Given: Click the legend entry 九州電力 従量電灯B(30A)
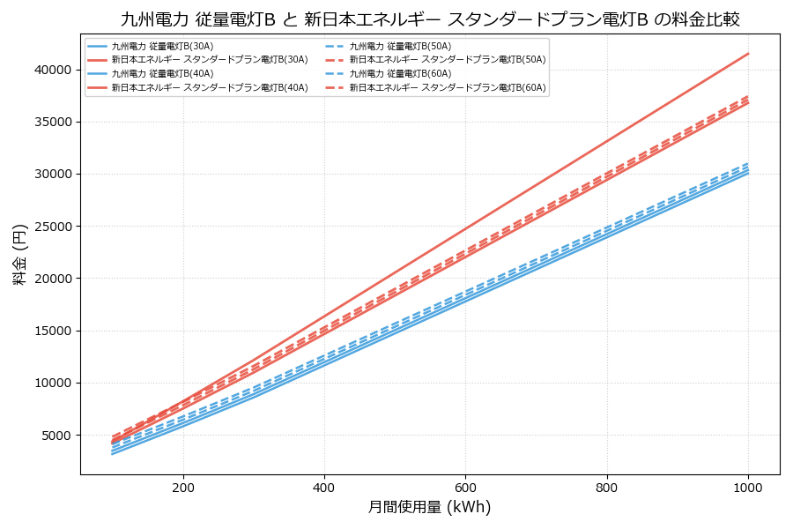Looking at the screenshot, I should coord(162,46).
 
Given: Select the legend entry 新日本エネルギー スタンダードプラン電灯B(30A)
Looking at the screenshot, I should coord(210,60).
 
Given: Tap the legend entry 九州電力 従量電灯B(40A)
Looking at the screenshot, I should coord(162,74).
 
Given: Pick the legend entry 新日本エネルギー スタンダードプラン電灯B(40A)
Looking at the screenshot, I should coord(210,88).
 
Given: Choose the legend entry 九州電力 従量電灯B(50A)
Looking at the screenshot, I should coord(400,46).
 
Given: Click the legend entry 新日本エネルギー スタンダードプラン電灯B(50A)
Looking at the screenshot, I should coord(448,60).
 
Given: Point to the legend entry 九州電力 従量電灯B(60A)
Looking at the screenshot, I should coord(400,74).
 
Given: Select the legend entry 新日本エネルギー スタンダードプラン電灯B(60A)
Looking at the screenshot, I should coord(448,88).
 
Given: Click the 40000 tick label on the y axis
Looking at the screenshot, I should coord(53,70).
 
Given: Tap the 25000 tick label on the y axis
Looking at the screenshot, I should coord(53,227).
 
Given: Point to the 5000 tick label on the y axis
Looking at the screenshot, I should coord(56,436).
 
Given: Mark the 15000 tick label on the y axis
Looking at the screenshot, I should coord(53,331).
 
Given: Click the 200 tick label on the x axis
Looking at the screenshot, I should coord(183,487).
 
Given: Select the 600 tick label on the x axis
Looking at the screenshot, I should coord(465,487).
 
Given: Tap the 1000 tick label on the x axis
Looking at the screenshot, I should coord(748,487).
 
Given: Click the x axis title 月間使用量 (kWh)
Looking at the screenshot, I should coord(429,508).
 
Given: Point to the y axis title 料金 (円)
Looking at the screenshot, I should coord(19,254).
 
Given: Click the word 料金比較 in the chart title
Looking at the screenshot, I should coord(706,19).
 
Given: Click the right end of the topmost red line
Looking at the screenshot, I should coord(748,54).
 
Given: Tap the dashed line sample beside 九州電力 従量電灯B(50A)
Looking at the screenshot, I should coord(334,46).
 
